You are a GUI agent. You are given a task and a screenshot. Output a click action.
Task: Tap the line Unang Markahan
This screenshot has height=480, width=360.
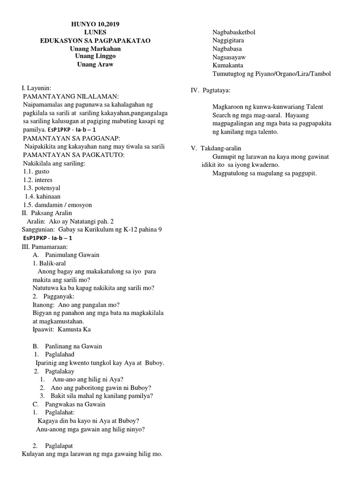click(95, 49)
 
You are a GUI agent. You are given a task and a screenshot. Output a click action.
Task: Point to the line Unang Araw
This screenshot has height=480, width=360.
click(95, 65)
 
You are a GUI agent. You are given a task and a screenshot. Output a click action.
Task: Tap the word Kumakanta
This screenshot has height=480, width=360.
click(228, 66)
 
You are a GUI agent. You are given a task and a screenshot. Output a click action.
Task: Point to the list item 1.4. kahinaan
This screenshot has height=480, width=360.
click(43, 196)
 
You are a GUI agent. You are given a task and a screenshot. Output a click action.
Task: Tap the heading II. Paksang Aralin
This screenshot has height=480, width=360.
click(52, 213)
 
